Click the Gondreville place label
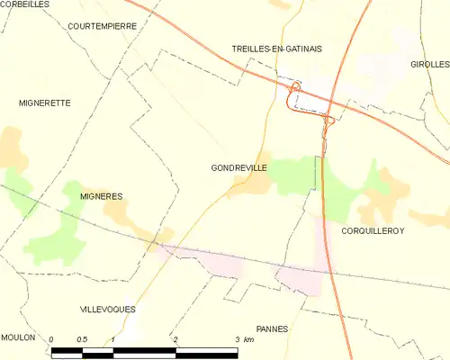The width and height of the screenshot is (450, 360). point(238,167)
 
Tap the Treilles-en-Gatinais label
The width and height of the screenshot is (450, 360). point(276,49)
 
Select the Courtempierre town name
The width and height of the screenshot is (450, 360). point(102,26)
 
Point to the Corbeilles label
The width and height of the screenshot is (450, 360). point(24,4)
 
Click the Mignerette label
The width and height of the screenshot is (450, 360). point(44,103)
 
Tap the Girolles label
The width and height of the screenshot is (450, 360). point(429,65)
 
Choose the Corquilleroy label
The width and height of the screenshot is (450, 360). point(373,231)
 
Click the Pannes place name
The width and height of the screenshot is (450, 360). point(272,329)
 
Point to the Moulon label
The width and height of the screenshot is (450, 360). point(18,337)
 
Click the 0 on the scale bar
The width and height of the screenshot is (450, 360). point(52,339)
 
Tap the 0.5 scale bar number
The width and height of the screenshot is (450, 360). point(82,339)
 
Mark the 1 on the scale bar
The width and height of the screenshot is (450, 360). point(113,339)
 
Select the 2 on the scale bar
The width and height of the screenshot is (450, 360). point(175,339)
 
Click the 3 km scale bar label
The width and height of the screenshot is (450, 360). point(243,339)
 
